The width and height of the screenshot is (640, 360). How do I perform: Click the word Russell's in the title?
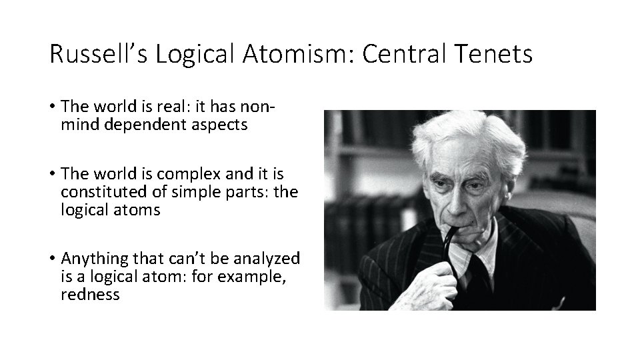[x=98, y=54]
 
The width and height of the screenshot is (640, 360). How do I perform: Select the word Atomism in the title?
[x=305, y=54]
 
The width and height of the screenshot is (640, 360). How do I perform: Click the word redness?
[x=90, y=294]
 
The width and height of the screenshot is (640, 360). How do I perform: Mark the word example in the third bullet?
[x=251, y=276]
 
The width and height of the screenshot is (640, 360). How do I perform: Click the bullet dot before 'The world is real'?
[x=51, y=107]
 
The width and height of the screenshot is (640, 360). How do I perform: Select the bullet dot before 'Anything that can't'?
[x=51, y=259]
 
